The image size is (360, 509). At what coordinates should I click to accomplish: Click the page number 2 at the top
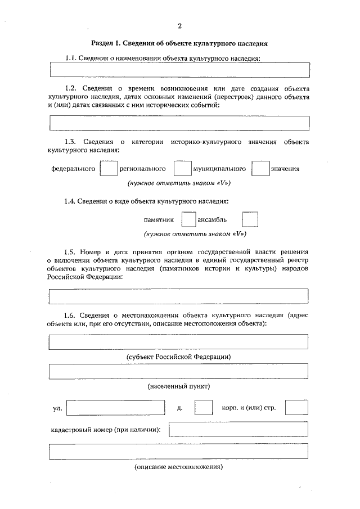click(179, 26)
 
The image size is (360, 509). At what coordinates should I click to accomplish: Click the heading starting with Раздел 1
click(179, 43)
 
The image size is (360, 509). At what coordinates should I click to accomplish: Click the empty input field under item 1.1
click(179, 69)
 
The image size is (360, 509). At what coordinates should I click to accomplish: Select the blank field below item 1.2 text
click(179, 123)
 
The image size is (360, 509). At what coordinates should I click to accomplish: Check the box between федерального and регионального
click(109, 168)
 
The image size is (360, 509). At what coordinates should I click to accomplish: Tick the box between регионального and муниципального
click(182, 168)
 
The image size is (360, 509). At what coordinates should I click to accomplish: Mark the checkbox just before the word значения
click(260, 168)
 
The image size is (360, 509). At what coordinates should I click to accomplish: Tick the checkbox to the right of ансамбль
click(250, 219)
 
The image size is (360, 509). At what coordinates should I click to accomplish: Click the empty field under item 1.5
click(179, 296)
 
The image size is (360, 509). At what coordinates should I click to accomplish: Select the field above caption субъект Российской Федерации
click(179, 341)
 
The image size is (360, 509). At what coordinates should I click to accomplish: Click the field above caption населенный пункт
click(179, 371)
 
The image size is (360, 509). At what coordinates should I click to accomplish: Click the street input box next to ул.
click(115, 407)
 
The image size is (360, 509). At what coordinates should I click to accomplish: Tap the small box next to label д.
click(203, 407)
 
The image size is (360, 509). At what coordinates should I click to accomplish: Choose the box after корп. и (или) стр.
click(296, 407)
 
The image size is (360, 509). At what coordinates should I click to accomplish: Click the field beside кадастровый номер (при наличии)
click(238, 430)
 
